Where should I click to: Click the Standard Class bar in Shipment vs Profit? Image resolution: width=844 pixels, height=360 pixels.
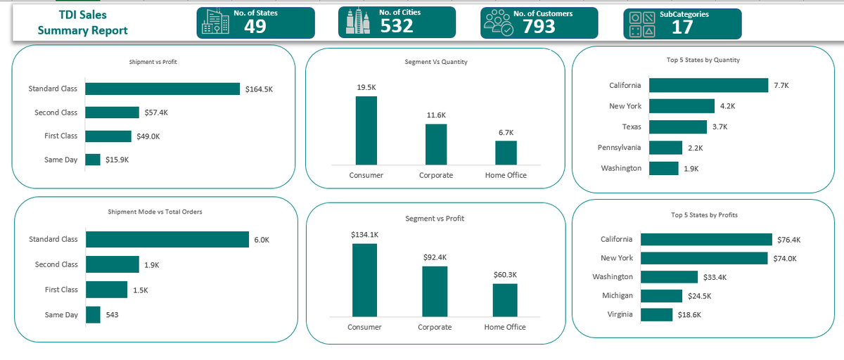162,89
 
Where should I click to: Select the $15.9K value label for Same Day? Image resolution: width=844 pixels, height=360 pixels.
117,160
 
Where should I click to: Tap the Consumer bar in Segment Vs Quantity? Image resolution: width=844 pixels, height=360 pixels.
366,130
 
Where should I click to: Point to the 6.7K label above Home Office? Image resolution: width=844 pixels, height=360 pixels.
506,132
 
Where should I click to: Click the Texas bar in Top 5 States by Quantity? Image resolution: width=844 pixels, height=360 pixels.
677,127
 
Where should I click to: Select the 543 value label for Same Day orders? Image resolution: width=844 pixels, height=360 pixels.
112,314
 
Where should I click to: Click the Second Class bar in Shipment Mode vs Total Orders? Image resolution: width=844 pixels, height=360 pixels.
113,264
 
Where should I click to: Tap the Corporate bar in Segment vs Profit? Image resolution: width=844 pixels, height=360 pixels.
435,291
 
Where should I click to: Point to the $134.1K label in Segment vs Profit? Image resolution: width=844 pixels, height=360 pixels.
364,234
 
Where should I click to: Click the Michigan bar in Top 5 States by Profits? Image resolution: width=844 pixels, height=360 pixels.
661,296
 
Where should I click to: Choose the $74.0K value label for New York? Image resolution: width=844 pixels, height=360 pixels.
784,258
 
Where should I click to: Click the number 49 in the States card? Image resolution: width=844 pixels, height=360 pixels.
255,26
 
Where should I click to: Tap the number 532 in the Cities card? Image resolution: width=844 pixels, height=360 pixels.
397,26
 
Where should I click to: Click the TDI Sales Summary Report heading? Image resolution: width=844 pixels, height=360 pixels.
83,22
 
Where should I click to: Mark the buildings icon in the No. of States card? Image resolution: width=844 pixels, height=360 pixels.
215,22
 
